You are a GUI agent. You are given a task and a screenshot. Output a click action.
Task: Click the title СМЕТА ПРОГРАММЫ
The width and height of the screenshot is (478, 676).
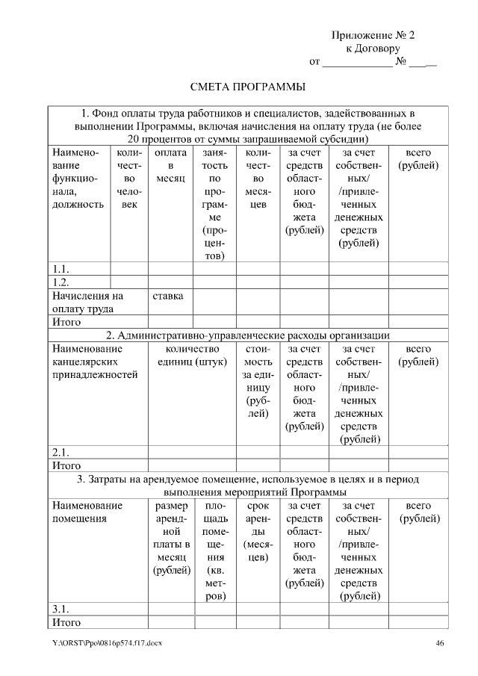pos(247,87)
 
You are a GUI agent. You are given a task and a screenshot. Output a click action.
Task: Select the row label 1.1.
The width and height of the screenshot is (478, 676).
pos(60,268)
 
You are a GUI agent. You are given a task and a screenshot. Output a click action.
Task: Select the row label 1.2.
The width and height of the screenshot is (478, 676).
pos(60,282)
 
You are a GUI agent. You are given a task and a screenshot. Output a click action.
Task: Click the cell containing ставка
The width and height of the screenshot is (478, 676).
pos(169,295)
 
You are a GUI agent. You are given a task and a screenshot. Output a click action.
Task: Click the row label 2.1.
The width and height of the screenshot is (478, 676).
pos(60,452)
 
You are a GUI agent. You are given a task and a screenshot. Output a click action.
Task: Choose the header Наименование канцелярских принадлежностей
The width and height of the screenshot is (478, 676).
pos(95,362)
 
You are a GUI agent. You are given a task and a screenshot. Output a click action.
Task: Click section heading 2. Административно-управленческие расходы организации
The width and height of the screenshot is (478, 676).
pos(248,335)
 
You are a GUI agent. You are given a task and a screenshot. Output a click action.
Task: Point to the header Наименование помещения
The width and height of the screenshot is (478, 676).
pos(87,512)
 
